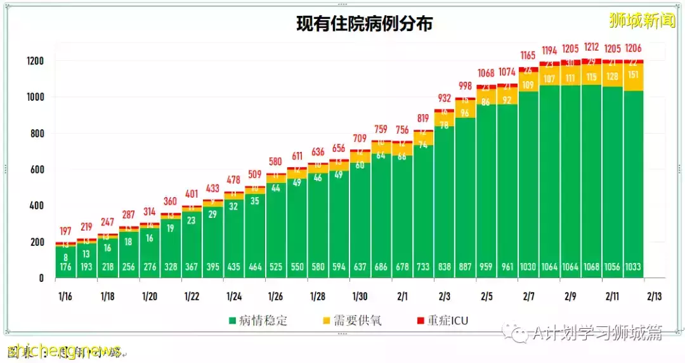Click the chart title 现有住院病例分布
click(365, 23)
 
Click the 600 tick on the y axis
click(36, 170)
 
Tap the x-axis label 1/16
click(66, 296)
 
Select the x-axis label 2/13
click(655, 296)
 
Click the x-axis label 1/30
click(360, 296)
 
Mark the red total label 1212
click(592, 47)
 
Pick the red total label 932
click(444, 98)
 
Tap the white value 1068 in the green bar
click(592, 267)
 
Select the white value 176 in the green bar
click(66, 267)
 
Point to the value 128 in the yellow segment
click(613, 77)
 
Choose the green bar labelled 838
click(444, 203)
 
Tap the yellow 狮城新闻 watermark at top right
click(642, 21)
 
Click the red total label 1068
click(486, 73)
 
